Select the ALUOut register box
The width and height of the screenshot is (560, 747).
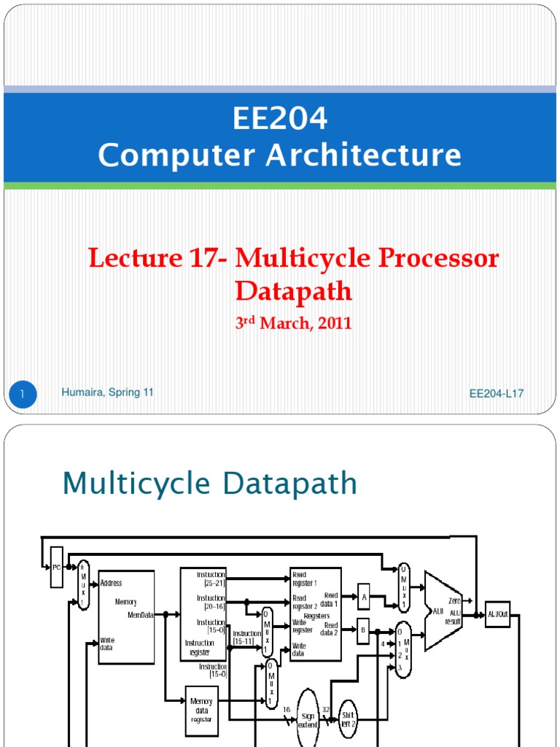pyautogui.click(x=498, y=614)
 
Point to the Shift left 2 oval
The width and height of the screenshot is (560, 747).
pyautogui.click(x=348, y=720)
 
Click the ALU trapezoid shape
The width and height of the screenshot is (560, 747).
pyautogui.click(x=442, y=611)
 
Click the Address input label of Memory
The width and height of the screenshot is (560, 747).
pyautogui.click(x=112, y=584)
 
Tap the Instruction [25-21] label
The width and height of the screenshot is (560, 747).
pyautogui.click(x=211, y=578)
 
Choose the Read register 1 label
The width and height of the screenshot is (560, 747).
pyautogui.click(x=305, y=578)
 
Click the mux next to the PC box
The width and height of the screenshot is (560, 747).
pyautogui.click(x=83, y=585)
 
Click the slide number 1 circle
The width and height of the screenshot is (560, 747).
pyautogui.click(x=23, y=395)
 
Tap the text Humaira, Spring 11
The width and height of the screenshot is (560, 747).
pyautogui.click(x=107, y=392)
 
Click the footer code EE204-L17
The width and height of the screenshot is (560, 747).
pyautogui.click(x=497, y=394)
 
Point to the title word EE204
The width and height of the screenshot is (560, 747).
pyautogui.click(x=280, y=119)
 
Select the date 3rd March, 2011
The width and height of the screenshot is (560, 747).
pyautogui.click(x=293, y=323)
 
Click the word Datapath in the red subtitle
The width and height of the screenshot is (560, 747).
pyautogui.click(x=293, y=291)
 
